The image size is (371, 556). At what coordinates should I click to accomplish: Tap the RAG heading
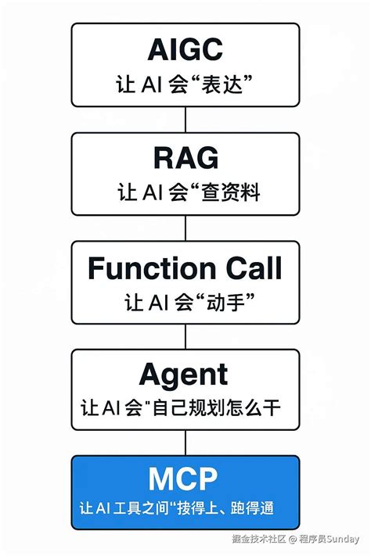[185, 159]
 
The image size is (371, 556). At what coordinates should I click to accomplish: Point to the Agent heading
[185, 376]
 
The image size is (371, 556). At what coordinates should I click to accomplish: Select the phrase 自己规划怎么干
[232, 409]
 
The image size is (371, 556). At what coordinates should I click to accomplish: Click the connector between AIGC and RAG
[185, 120]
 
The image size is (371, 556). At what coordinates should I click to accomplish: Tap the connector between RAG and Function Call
[185, 228]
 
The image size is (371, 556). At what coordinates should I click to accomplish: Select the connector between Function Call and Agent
[185, 337]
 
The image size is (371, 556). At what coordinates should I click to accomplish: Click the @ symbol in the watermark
[292, 540]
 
